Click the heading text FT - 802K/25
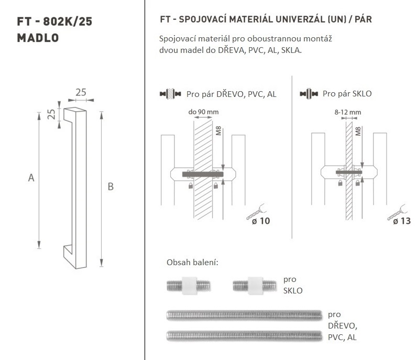(54, 21)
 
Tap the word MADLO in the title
(38, 38)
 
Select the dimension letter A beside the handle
(31, 178)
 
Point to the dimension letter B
(111, 187)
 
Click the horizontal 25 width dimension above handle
(81, 92)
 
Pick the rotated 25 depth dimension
(51, 114)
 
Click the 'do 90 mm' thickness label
(203, 112)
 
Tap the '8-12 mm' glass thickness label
(348, 112)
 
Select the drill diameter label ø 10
(261, 221)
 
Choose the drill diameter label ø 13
(402, 221)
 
